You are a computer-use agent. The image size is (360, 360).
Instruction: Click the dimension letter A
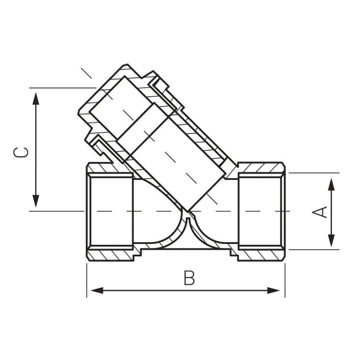320,211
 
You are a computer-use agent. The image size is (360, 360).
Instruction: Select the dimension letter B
189,278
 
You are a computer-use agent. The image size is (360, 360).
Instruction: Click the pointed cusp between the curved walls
189,215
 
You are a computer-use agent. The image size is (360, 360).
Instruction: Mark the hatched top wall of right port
261,167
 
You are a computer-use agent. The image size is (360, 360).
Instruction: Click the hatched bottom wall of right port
261,254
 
